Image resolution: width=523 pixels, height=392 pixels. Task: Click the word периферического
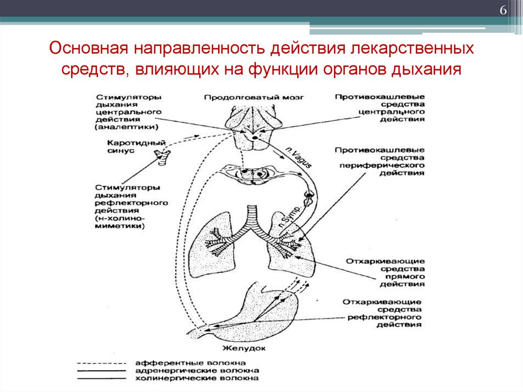380,166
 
